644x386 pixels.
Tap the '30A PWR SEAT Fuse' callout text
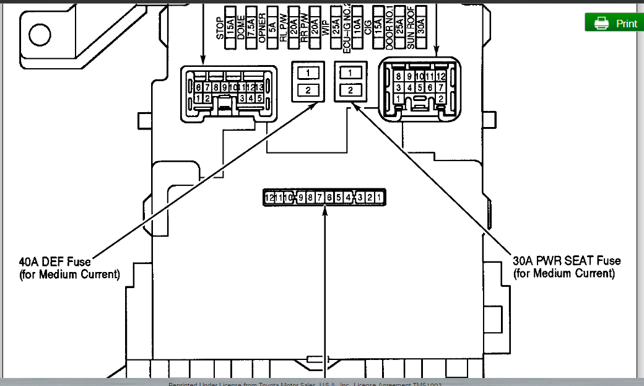tap(567, 261)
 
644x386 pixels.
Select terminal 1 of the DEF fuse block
tap(308, 73)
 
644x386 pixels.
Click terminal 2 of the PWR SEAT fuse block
tap(350, 90)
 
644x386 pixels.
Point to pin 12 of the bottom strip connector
tap(269, 198)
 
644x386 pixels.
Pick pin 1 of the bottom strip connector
tap(378, 198)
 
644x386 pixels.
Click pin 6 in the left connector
tap(199, 88)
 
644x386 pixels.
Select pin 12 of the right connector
tap(440, 76)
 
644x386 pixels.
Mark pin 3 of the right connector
tap(399, 88)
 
